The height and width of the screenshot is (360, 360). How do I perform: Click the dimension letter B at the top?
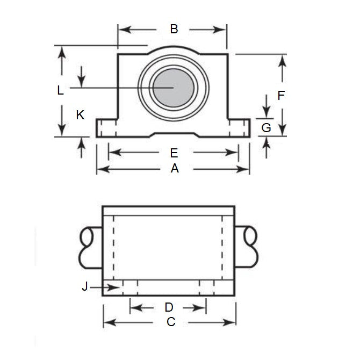[174, 30]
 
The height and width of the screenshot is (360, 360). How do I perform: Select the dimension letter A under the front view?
[174, 169]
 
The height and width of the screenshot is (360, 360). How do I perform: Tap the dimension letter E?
[174, 153]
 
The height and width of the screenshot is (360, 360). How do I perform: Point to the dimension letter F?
[281, 96]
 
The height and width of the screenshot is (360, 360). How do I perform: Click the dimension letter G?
[266, 128]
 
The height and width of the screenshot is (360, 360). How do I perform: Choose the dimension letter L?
[61, 91]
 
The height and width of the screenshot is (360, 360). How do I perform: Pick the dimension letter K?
[80, 114]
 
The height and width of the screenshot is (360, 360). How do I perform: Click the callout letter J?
[84, 287]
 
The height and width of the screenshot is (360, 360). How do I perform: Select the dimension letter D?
[169, 307]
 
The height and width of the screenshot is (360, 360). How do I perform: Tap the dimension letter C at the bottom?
[171, 322]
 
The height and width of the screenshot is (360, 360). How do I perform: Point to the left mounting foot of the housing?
[107, 128]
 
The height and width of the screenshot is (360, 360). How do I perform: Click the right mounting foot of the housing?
[239, 128]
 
